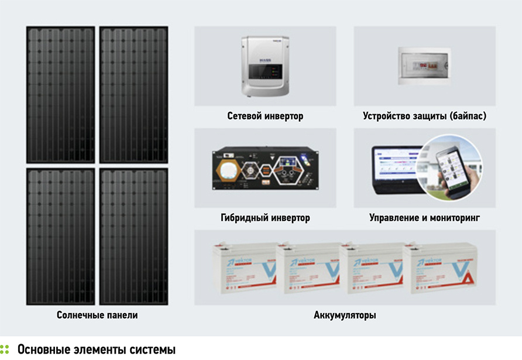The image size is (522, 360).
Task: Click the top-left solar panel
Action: tap(60, 94)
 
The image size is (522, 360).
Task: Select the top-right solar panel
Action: tap(134, 94)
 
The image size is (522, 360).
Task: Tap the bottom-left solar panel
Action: tap(60, 236)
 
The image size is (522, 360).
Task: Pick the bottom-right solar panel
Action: tap(134, 236)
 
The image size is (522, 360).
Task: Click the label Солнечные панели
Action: tap(97, 316)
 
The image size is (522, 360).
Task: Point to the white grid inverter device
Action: tap(266, 67)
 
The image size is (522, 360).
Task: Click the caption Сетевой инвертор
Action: tap(265, 116)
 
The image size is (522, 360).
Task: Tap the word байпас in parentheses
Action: tap(465, 116)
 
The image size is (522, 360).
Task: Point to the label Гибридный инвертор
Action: tap(265, 218)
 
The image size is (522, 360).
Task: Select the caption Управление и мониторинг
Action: tap(424, 218)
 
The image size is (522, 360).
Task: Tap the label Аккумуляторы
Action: tap(345, 316)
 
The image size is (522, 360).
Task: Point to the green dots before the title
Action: tap(5, 349)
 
